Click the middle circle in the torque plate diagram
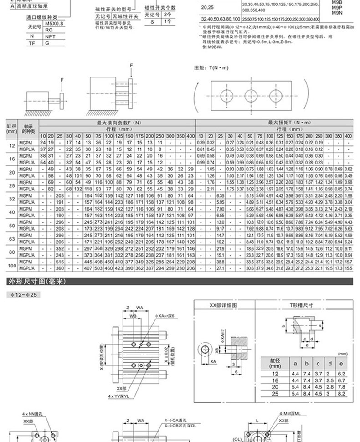click(x=251, y=96)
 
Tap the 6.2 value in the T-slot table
click(x=341, y=373)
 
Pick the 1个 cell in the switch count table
click(x=167, y=21)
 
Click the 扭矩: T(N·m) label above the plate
click(x=207, y=68)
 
